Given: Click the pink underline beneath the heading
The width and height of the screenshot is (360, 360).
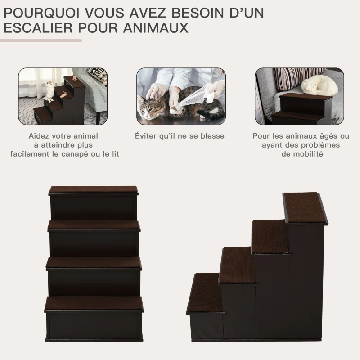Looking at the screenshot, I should (x=41, y=40).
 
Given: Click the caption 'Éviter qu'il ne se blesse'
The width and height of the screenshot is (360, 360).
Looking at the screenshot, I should (x=180, y=136).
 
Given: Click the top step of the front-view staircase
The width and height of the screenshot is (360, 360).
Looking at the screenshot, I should (x=94, y=190).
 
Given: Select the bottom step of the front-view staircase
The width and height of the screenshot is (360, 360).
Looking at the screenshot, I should (x=94, y=303).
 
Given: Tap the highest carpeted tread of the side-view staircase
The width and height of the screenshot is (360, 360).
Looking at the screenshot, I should (x=305, y=207).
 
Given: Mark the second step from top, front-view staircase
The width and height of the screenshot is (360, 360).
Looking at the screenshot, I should (x=94, y=225).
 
